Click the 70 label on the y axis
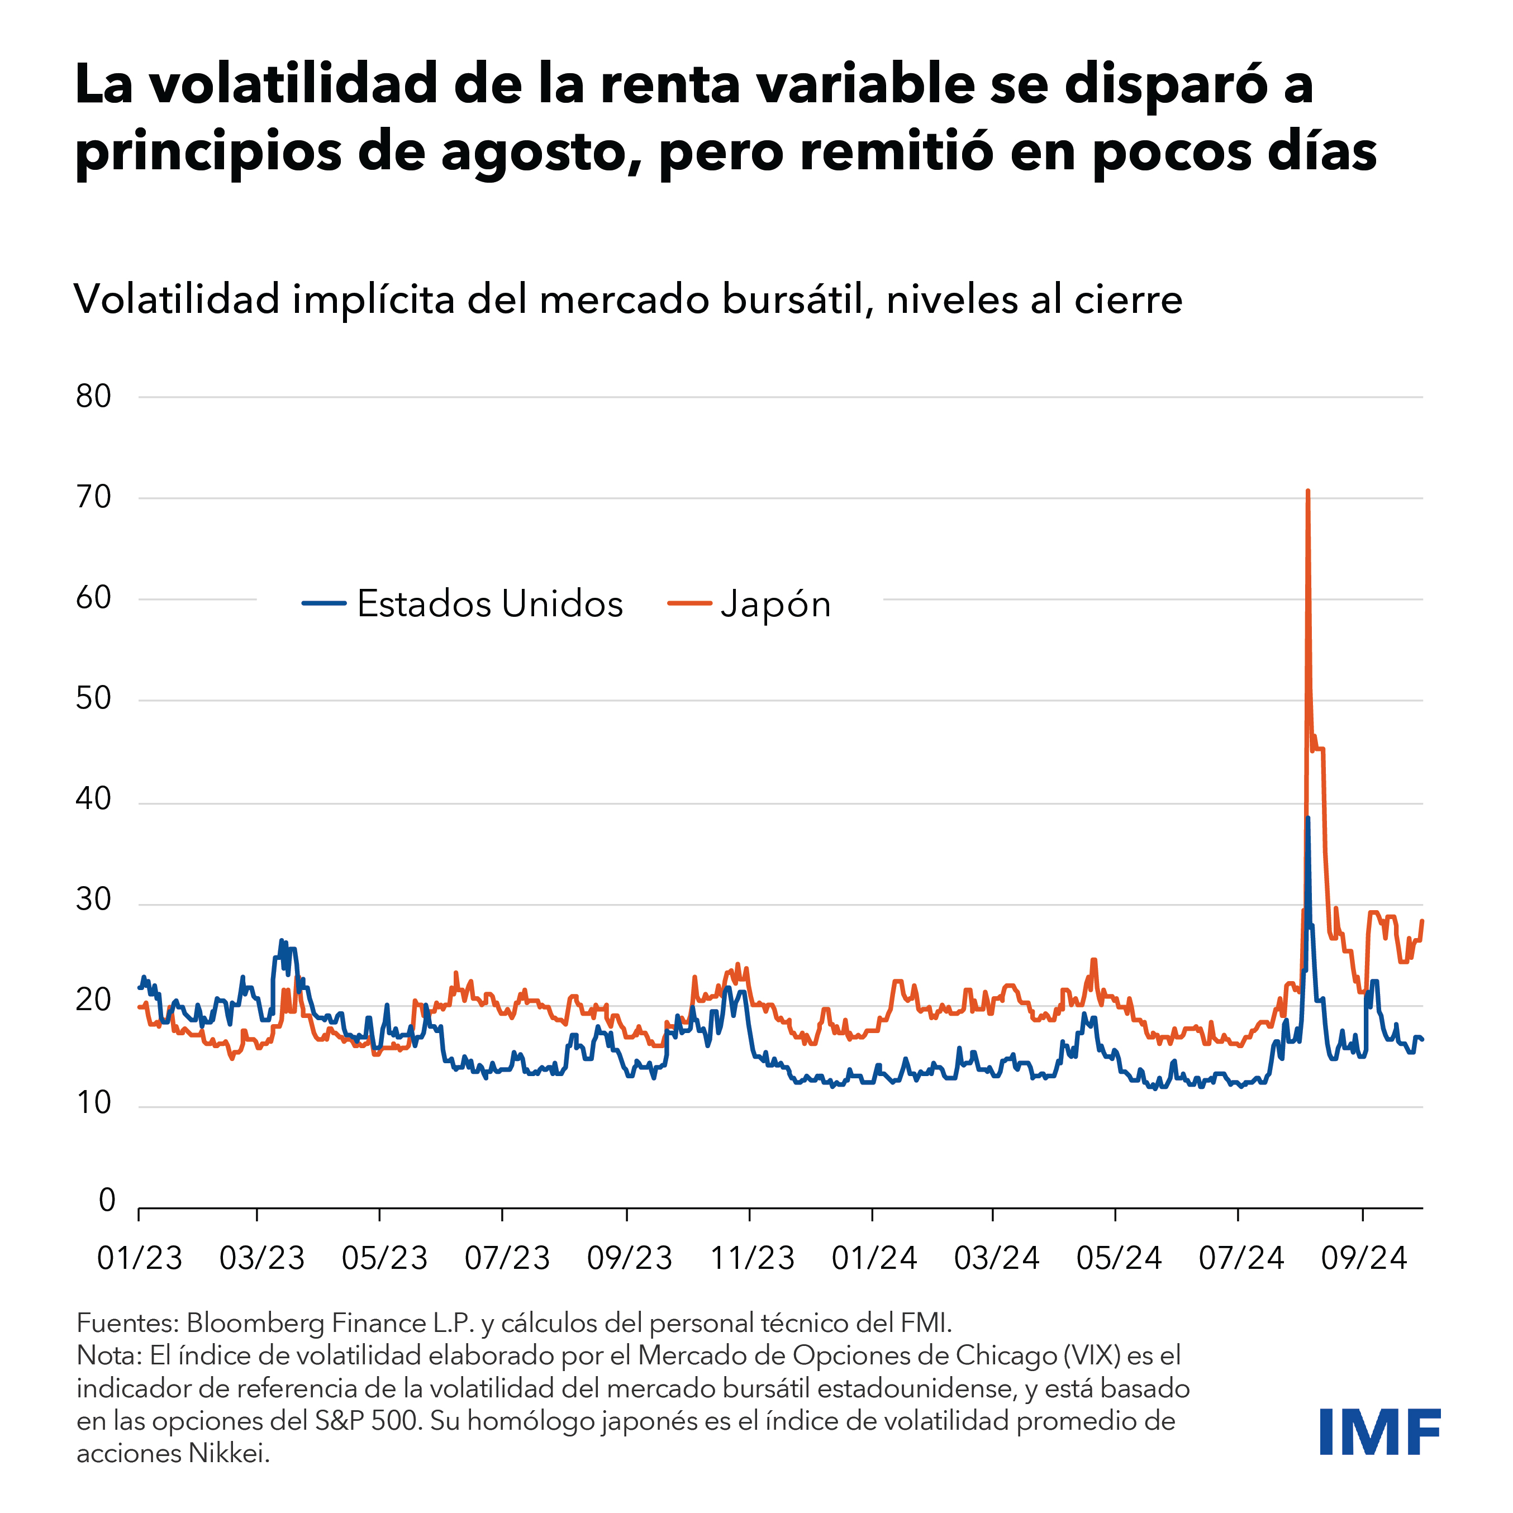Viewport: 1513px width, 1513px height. pos(94,497)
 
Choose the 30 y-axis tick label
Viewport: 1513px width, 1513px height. pos(94,900)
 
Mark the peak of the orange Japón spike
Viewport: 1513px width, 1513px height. pos(1308,492)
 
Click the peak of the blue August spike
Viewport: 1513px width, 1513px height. pos(1308,817)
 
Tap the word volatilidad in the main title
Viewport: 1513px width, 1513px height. pos(294,84)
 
